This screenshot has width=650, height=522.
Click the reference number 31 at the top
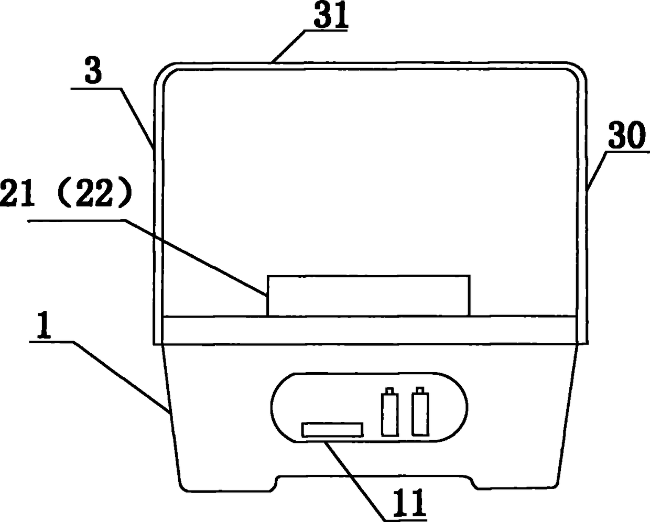[x=330, y=16]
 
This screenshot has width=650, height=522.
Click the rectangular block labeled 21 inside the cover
[x=369, y=295]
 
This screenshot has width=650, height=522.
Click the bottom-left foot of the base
[x=225, y=484]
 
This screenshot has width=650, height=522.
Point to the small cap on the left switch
[x=389, y=390]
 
